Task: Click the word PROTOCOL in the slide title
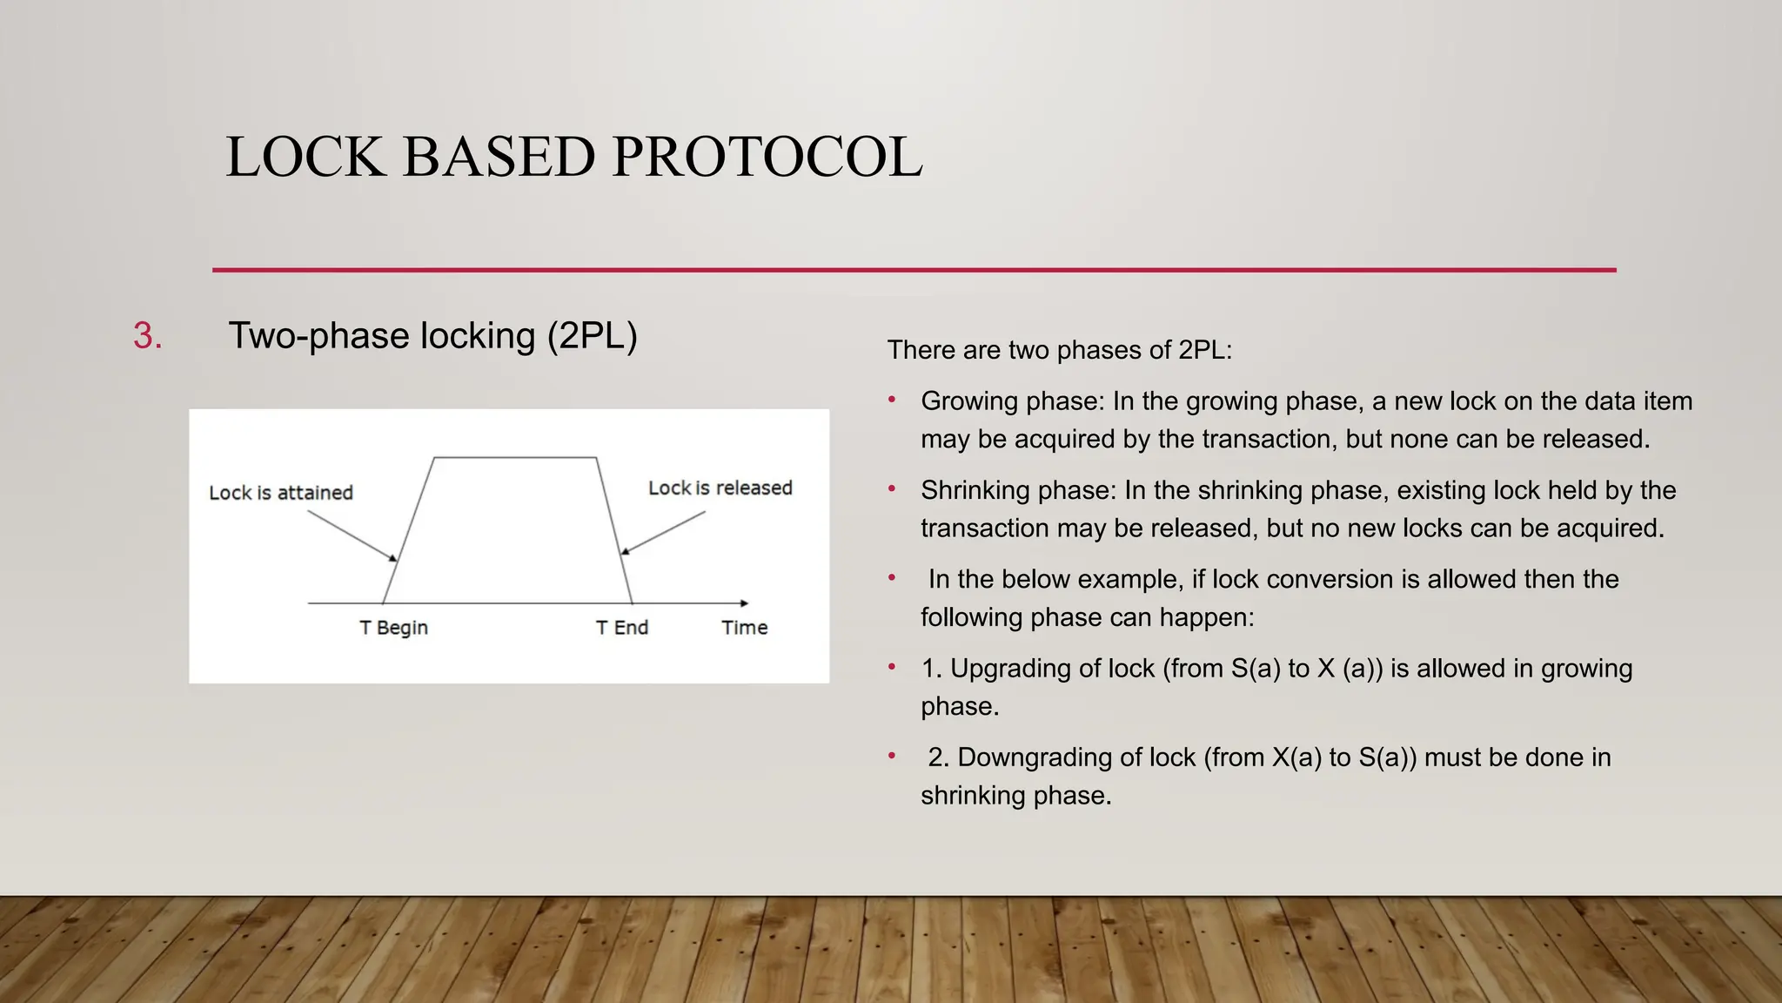pyautogui.click(x=767, y=158)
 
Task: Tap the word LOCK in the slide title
pyautogui.click(x=305, y=158)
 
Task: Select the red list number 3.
pyautogui.click(x=147, y=336)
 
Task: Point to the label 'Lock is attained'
pyautogui.click(x=281, y=493)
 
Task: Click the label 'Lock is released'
pyautogui.click(x=720, y=488)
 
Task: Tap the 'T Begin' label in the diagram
pyautogui.click(x=393, y=628)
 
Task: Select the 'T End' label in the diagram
pyautogui.click(x=621, y=628)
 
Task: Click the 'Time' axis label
pyautogui.click(x=744, y=628)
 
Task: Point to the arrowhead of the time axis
pyautogui.click(x=743, y=602)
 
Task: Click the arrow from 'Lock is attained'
pyautogui.click(x=352, y=535)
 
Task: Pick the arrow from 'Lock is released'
pyautogui.click(x=664, y=532)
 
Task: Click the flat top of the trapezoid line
pyautogui.click(x=514, y=457)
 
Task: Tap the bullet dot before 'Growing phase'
pyautogui.click(x=892, y=401)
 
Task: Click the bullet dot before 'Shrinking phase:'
pyautogui.click(x=892, y=489)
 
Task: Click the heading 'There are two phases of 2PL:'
pyautogui.click(x=1059, y=350)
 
